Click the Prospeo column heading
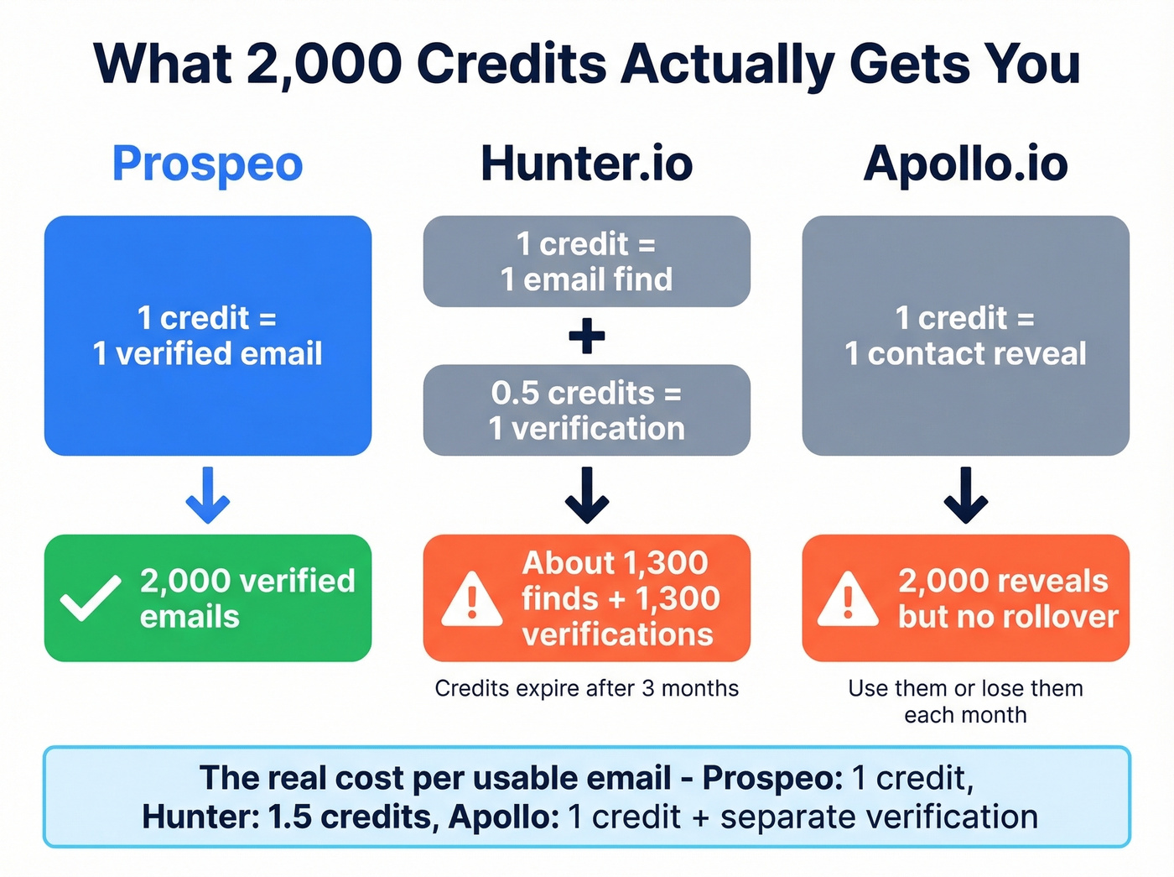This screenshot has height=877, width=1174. pos(207,164)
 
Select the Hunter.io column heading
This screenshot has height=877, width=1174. pos(586,164)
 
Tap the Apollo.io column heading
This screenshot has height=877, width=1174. pos(965,164)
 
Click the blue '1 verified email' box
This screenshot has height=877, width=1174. pos(207,336)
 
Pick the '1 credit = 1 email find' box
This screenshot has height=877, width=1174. pos(586,261)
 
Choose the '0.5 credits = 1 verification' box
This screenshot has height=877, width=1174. pos(586,410)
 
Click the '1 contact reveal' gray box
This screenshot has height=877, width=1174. pos(965,336)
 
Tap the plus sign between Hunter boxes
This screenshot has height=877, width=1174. pos(586,336)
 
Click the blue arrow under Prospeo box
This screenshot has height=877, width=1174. pos(207,496)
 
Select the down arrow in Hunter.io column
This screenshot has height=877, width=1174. pos(586,496)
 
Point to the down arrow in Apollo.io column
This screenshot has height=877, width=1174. pos(965,496)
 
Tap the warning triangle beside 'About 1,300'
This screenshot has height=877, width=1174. pos(471,599)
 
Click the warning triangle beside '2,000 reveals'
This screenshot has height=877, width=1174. pos(848,599)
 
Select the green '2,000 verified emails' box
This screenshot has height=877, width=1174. pos(207,598)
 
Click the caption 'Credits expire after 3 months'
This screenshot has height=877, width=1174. pos(586,689)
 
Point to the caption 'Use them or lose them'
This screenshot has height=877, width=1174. pos(965,689)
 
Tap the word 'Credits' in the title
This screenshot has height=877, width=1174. pos(511,65)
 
